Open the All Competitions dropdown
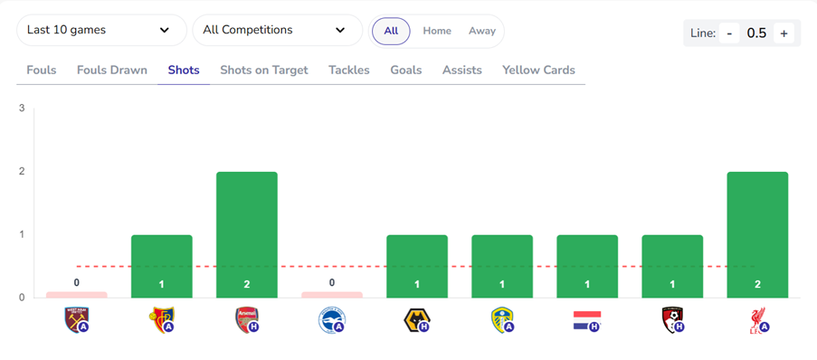[x=277, y=30]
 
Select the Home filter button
[x=437, y=31]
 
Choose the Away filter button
[x=482, y=31]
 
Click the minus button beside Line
[x=728, y=33]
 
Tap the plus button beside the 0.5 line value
[x=784, y=33]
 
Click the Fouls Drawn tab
[x=112, y=70]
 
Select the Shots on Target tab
[x=264, y=70]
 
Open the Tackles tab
[x=349, y=70]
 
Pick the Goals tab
[x=406, y=70]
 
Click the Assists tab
[x=462, y=70]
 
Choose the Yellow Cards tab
[x=538, y=70]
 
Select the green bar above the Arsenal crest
[x=247, y=234]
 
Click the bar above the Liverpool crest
[x=757, y=234]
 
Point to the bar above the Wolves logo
[x=417, y=266]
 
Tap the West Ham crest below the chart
[x=77, y=319]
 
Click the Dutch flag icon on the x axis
[x=586, y=320]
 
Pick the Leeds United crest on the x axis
[x=501, y=319]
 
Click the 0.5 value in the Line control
[x=756, y=33]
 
